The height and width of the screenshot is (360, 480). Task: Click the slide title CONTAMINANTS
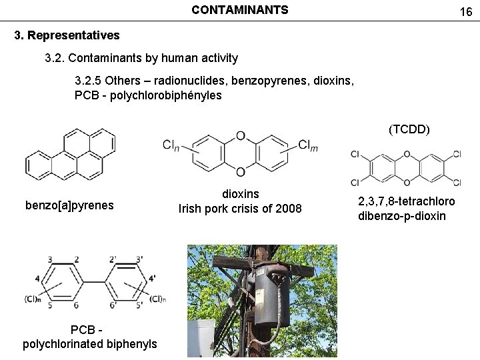[x=240, y=10]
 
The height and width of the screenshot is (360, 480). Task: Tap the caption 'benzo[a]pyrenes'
[x=70, y=205]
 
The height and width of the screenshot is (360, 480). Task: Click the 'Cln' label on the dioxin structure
[x=171, y=145]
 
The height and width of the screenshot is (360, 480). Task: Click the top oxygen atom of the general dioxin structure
[x=241, y=137]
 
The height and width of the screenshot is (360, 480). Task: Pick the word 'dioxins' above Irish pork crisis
[x=240, y=194]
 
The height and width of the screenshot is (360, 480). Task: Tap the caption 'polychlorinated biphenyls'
[x=90, y=344]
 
